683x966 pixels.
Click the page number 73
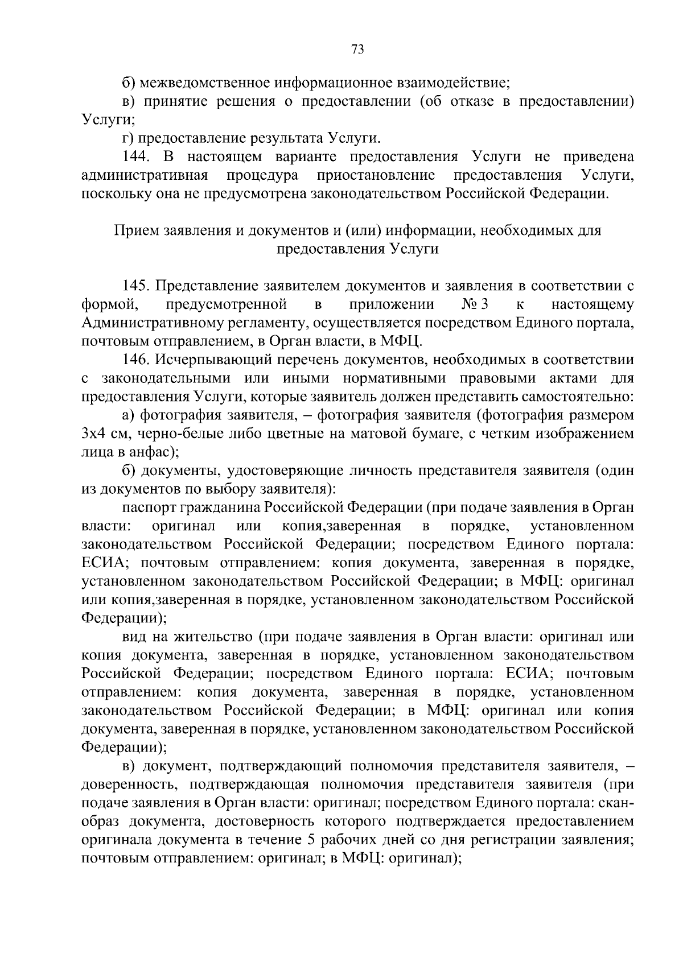(x=357, y=49)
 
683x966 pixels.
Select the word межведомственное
(x=206, y=83)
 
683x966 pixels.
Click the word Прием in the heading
(x=137, y=231)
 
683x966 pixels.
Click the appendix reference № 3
(x=476, y=304)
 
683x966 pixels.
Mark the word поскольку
(x=114, y=194)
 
